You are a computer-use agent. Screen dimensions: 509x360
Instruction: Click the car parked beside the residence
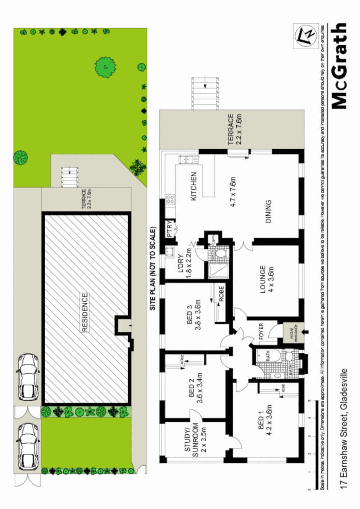click(28, 377)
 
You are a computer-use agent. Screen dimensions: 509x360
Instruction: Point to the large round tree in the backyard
click(105, 66)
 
